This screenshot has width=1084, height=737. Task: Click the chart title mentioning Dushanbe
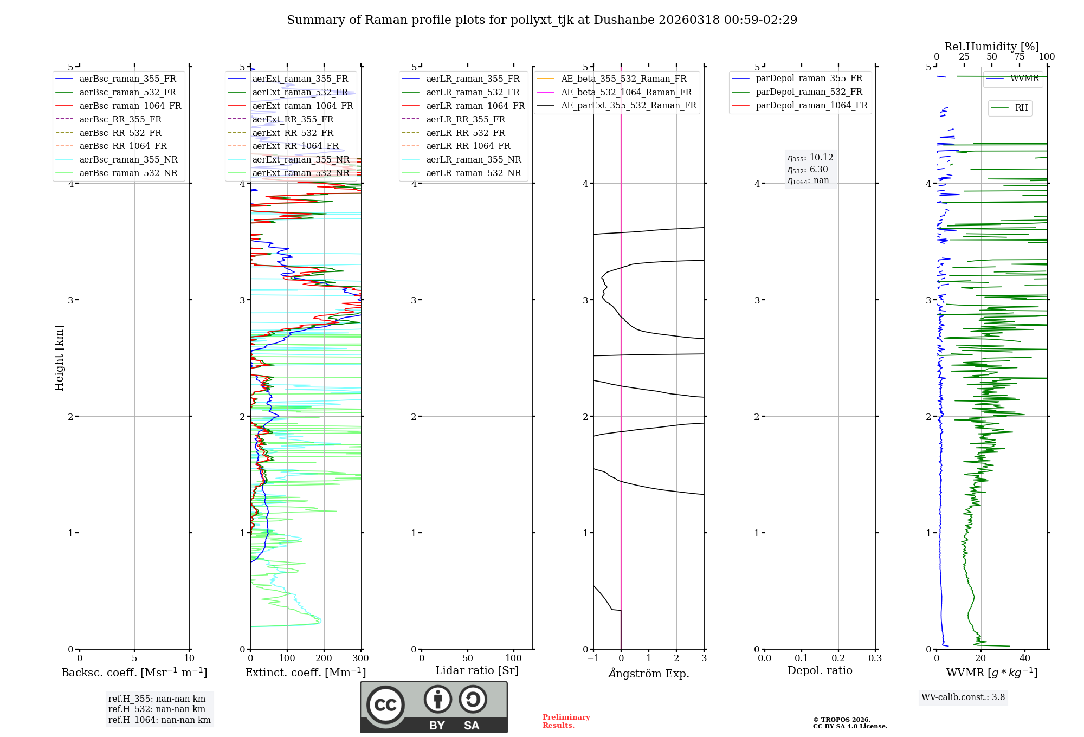tap(542, 20)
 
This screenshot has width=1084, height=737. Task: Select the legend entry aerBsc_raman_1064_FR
tap(130, 106)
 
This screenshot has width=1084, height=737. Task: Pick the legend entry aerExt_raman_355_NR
tap(301, 159)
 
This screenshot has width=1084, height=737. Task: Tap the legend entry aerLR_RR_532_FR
tap(465, 133)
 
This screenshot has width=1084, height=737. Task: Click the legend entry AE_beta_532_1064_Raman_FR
tap(626, 92)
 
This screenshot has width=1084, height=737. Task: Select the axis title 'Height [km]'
tap(59, 358)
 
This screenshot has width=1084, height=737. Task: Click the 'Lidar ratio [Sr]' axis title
tap(477, 670)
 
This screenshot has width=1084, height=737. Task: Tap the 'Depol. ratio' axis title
tap(820, 670)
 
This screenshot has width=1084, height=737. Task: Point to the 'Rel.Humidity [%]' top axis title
tap(991, 47)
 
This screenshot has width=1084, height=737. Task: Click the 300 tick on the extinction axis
tap(360, 658)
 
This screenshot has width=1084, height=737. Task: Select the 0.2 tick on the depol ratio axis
tap(838, 658)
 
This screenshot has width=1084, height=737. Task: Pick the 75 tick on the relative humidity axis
tap(1020, 57)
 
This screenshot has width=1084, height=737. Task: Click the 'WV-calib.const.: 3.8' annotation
tap(963, 697)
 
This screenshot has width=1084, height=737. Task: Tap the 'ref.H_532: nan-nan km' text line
tap(157, 709)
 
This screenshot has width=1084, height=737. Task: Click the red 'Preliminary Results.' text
tap(566, 721)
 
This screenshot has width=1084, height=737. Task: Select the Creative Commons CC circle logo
tap(385, 705)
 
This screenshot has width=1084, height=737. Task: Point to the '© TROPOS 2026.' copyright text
tap(841, 720)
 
